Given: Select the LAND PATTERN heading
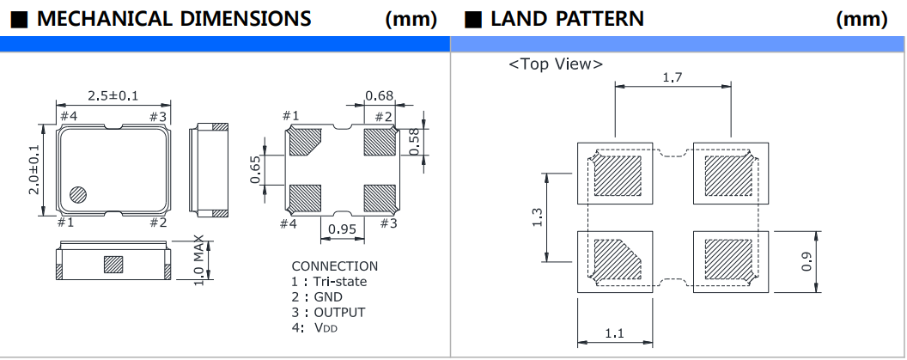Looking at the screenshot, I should pyautogui.click(x=567, y=18).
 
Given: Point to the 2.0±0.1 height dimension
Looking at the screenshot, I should pyautogui.click(x=35, y=169).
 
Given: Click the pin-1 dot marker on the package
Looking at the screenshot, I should pyautogui.click(x=78, y=193).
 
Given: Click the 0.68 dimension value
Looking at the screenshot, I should pyautogui.click(x=380, y=95).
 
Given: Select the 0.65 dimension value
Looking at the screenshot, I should pyautogui.click(x=255, y=169).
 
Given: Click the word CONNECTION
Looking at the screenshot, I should pyautogui.click(x=334, y=266).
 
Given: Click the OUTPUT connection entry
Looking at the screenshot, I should pyautogui.click(x=333, y=313).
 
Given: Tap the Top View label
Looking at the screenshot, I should pyautogui.click(x=556, y=64).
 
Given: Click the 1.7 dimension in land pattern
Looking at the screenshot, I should pyautogui.click(x=673, y=78).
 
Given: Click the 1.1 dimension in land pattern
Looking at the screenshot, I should pyautogui.click(x=614, y=334).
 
